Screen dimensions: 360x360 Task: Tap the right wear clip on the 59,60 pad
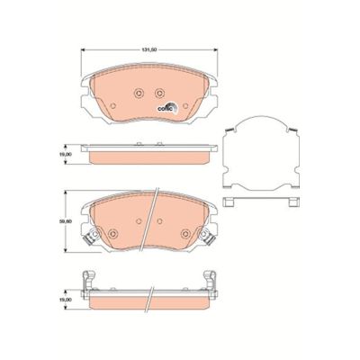tap(208, 239)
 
